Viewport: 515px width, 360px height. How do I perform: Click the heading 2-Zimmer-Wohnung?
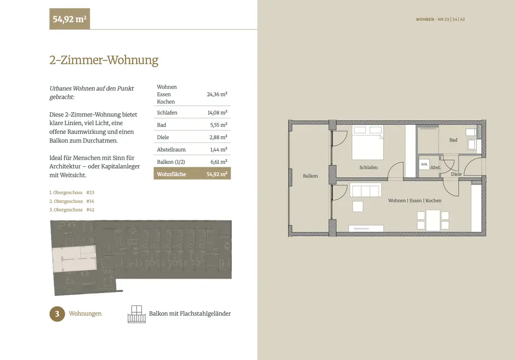(x=104, y=60)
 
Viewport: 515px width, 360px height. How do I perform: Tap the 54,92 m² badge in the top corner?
(x=70, y=19)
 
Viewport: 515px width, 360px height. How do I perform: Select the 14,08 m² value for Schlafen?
(x=217, y=113)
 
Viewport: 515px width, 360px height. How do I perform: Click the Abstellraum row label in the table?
(x=171, y=150)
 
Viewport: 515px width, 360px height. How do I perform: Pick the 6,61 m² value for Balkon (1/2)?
(x=219, y=162)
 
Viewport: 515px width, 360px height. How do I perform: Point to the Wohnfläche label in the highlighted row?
(x=171, y=175)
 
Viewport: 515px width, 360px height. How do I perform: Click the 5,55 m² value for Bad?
(x=219, y=125)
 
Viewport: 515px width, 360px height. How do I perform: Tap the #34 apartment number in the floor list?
(x=90, y=201)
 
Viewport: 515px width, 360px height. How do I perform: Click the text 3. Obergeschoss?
(x=66, y=210)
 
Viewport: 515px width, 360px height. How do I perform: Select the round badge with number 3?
(x=57, y=314)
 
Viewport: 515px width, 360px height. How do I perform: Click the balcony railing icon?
(x=136, y=314)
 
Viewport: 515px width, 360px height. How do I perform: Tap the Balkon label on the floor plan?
(x=311, y=176)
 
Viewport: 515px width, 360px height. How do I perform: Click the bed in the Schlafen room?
(x=368, y=142)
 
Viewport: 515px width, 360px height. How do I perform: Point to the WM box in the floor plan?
(x=424, y=164)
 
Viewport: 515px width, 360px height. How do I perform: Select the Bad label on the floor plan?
(x=453, y=140)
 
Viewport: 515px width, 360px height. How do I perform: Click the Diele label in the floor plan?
(x=456, y=174)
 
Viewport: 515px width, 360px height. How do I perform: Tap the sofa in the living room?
(x=366, y=191)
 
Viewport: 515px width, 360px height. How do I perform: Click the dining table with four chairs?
(x=433, y=220)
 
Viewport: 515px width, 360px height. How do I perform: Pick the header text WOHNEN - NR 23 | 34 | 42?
(x=440, y=20)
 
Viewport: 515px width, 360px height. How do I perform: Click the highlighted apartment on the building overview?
(x=75, y=259)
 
